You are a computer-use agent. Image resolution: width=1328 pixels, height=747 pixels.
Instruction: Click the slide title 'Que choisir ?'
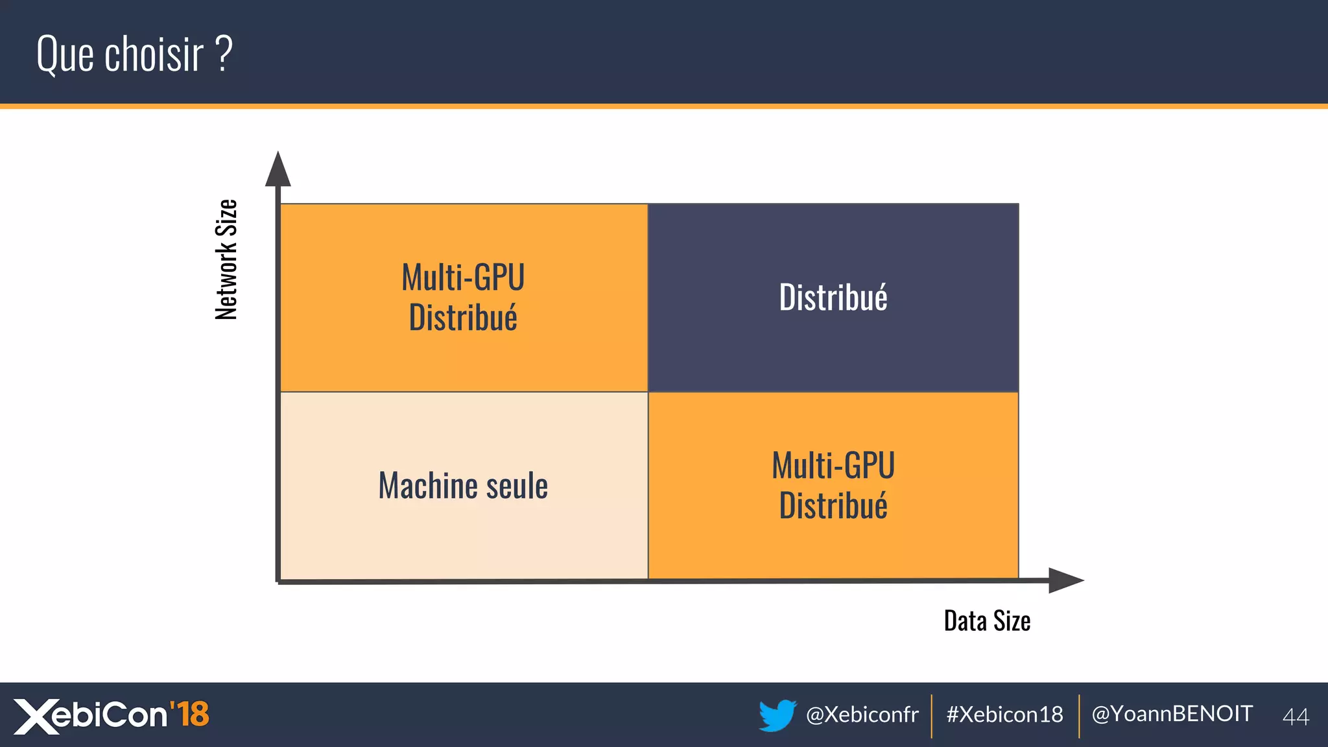[134, 54]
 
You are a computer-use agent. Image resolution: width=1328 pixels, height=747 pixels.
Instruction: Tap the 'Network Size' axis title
[226, 259]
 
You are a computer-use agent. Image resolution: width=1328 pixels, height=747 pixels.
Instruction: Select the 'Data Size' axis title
[987, 621]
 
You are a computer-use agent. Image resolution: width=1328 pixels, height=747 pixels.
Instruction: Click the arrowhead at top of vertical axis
[278, 170]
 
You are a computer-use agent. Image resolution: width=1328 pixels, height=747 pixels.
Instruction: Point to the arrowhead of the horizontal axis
[1065, 580]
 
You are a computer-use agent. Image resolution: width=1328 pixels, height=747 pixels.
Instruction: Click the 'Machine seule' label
[463, 486]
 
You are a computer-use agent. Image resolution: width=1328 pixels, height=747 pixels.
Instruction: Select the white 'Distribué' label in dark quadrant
[833, 298]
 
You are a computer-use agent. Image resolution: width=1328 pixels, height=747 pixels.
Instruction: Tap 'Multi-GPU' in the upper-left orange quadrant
[463, 278]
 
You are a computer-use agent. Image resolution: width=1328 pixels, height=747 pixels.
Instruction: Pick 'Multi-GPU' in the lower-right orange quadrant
[833, 466]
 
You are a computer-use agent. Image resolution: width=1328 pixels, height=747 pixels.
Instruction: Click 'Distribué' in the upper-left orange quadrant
[463, 318]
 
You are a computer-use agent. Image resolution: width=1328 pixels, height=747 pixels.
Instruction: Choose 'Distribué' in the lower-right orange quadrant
[833, 506]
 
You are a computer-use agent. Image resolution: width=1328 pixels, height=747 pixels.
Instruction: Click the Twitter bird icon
[777, 715]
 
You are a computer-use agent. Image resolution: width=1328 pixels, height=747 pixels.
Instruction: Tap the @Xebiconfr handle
[862, 715]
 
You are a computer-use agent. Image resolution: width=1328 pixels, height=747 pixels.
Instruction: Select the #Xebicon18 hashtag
[1004, 715]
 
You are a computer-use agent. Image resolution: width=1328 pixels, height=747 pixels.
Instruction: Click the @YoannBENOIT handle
[1172, 714]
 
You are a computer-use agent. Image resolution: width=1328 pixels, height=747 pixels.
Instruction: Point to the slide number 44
[1296, 717]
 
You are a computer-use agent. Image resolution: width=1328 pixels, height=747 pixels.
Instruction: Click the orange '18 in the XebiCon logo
[189, 713]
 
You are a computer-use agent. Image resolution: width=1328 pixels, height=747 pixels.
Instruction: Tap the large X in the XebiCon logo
[35, 717]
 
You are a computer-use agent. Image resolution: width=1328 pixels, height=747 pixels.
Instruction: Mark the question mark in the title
[223, 54]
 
